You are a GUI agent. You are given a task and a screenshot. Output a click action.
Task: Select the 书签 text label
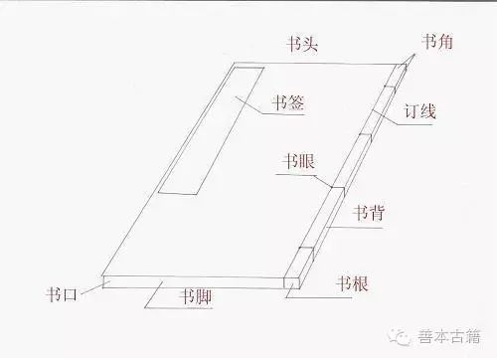287,100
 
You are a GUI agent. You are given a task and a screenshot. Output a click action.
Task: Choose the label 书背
368,211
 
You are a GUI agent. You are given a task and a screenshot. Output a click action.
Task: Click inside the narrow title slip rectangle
212,129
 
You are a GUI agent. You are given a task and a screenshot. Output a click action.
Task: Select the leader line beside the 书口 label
91,287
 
